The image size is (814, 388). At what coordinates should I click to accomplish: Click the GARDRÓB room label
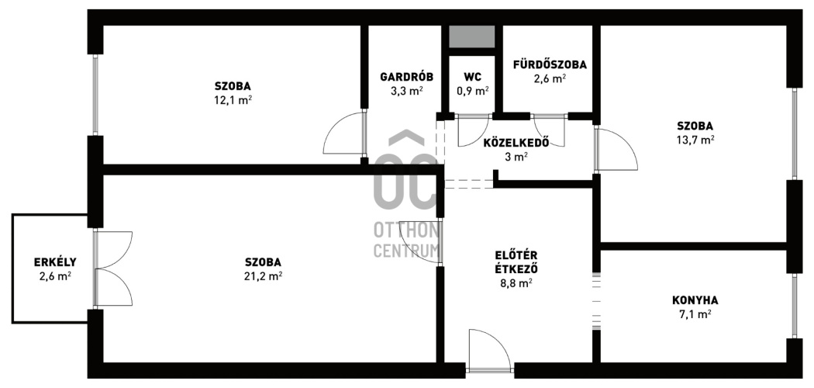pos(406,77)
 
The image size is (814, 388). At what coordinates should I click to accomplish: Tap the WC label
pos(472,77)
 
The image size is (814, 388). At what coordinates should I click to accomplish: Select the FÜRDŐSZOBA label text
pos(550,65)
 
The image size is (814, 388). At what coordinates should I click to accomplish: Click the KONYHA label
pos(695,300)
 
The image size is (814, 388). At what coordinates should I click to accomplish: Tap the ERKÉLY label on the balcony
pos(55,262)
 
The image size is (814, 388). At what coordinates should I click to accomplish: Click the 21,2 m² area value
pos(264,275)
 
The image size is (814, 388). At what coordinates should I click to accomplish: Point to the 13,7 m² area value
pos(695,140)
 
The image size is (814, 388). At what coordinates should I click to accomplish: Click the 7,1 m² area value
pos(695,314)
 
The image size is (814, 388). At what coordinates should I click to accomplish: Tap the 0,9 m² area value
pos(472,90)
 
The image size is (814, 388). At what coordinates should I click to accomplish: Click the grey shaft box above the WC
pos(472,36)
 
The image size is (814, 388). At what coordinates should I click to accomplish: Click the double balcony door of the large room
pos(113,268)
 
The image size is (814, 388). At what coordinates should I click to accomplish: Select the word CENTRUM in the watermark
pos(406,250)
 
